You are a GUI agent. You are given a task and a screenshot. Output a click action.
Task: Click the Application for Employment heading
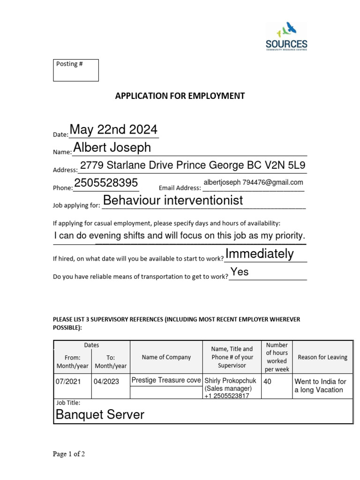[x=180, y=96]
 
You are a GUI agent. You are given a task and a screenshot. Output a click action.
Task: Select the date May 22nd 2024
[x=113, y=130]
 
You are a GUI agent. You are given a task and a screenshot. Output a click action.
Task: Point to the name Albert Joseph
[x=112, y=148]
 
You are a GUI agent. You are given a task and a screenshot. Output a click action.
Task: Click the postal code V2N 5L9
[x=283, y=165]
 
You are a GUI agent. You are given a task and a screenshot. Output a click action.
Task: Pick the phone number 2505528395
[x=106, y=183]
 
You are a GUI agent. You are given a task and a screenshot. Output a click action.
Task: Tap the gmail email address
[x=253, y=182]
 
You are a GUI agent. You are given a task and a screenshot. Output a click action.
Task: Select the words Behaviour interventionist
[x=173, y=201]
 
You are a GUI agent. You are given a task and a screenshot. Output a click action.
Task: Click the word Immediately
[x=260, y=254]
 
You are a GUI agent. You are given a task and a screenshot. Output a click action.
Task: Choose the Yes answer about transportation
[x=240, y=272]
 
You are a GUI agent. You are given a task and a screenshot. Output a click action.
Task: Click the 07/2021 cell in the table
[x=68, y=382]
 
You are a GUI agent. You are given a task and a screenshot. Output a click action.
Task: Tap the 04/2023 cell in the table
[x=106, y=382]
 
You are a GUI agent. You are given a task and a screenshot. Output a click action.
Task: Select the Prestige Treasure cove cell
[x=166, y=380]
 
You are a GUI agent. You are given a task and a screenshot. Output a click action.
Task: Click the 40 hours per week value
[x=268, y=382]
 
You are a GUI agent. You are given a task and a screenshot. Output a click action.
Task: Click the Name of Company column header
[x=166, y=357]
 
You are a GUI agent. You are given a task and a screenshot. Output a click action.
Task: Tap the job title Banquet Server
[x=100, y=414]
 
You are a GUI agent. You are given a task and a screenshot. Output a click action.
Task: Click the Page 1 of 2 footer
[x=69, y=454]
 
